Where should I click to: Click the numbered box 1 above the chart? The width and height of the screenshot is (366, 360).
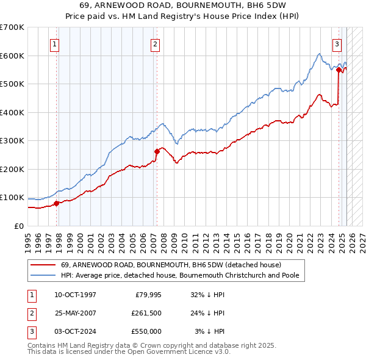(55, 44)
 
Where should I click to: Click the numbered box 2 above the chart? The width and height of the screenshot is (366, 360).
(156, 44)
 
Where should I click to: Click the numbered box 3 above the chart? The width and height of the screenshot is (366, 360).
(336, 44)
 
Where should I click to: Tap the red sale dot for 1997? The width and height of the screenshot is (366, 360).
(56, 203)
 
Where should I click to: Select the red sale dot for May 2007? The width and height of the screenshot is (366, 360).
(157, 151)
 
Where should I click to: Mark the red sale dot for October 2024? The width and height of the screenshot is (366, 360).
(339, 70)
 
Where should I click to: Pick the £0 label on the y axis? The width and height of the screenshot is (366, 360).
(19, 226)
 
